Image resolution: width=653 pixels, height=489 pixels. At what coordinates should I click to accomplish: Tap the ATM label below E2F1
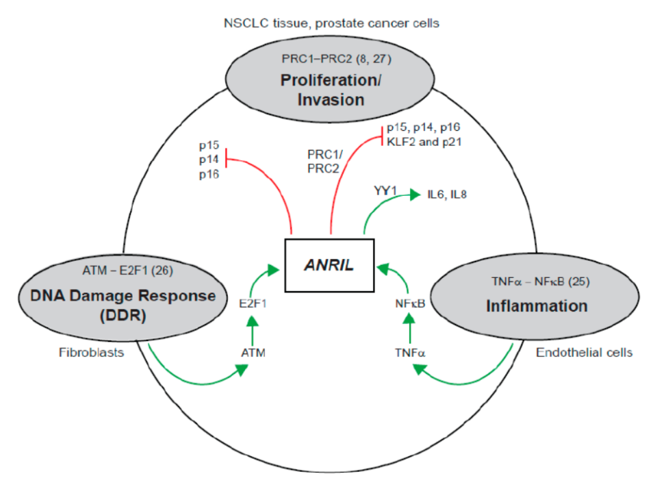tap(253, 353)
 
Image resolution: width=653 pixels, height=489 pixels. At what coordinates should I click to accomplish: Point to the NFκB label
tap(410, 303)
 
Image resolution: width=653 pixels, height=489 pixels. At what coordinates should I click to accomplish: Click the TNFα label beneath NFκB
tap(410, 353)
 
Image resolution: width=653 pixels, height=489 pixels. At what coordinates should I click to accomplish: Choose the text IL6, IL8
tap(446, 195)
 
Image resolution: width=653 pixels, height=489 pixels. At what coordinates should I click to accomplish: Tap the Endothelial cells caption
tap(584, 353)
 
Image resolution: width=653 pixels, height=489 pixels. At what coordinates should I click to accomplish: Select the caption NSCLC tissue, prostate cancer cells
tap(331, 23)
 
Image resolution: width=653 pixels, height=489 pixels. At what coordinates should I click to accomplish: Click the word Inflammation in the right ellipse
tap(537, 305)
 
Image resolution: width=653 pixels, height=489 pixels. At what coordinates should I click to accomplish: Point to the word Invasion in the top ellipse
tap(332, 100)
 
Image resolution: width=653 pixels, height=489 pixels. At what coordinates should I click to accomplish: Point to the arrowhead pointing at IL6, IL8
tap(415, 195)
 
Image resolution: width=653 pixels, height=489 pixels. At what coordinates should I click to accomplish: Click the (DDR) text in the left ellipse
tap(123, 316)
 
